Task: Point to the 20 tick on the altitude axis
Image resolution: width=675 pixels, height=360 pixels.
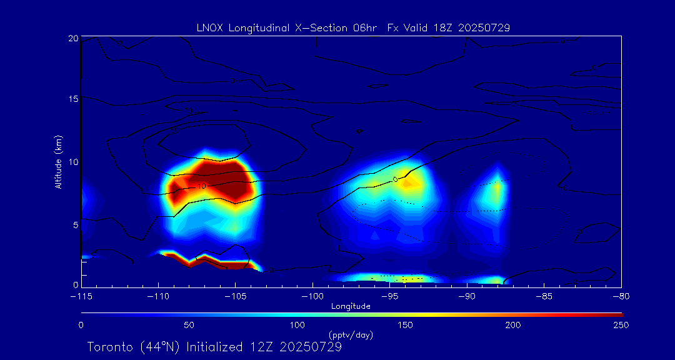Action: tap(73, 39)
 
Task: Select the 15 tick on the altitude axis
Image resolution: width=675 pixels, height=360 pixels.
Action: tap(73, 99)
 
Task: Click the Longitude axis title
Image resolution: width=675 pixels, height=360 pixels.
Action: tap(351, 306)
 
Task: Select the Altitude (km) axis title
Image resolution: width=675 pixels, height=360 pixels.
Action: tap(59, 162)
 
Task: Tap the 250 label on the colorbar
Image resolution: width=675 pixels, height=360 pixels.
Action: tap(621, 325)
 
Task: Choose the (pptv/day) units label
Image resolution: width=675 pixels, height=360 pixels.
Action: tap(351, 335)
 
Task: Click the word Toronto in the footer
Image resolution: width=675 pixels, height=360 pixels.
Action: tap(109, 347)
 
